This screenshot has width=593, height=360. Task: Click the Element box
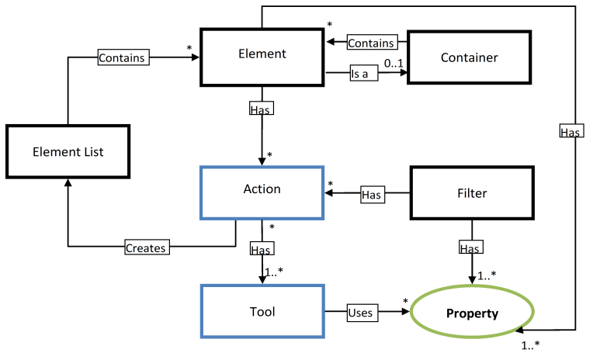pos(262,56)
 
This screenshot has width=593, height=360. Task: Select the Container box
pos(469,57)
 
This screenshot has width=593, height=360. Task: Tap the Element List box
pos(68,152)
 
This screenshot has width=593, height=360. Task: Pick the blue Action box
pos(262,190)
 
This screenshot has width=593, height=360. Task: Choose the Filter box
pos(469,192)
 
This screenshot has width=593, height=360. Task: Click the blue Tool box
pos(262,311)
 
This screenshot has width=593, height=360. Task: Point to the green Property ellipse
pos(471,313)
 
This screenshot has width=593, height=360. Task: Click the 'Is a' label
pos(359,75)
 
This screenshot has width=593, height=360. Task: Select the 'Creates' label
pos(146,247)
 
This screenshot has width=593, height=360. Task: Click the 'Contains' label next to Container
pos(370,43)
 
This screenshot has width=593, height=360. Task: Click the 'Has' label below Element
pos(261,109)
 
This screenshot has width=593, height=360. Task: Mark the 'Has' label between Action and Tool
pos(261,249)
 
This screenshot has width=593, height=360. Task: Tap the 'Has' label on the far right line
pos(570,133)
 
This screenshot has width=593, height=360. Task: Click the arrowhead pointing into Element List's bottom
pos(68,182)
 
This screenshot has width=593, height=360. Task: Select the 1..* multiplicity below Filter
pos(487,274)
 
